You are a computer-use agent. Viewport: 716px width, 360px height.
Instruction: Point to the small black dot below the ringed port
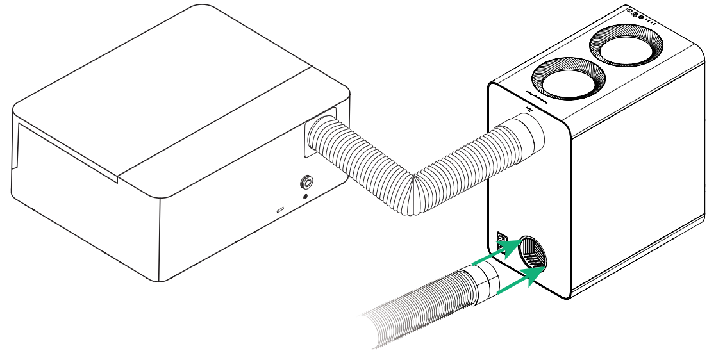(x=305, y=197)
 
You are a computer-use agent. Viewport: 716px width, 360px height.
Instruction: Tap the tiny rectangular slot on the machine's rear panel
(x=280, y=210)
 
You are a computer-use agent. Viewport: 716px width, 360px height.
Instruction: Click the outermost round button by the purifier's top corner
(x=631, y=11)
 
